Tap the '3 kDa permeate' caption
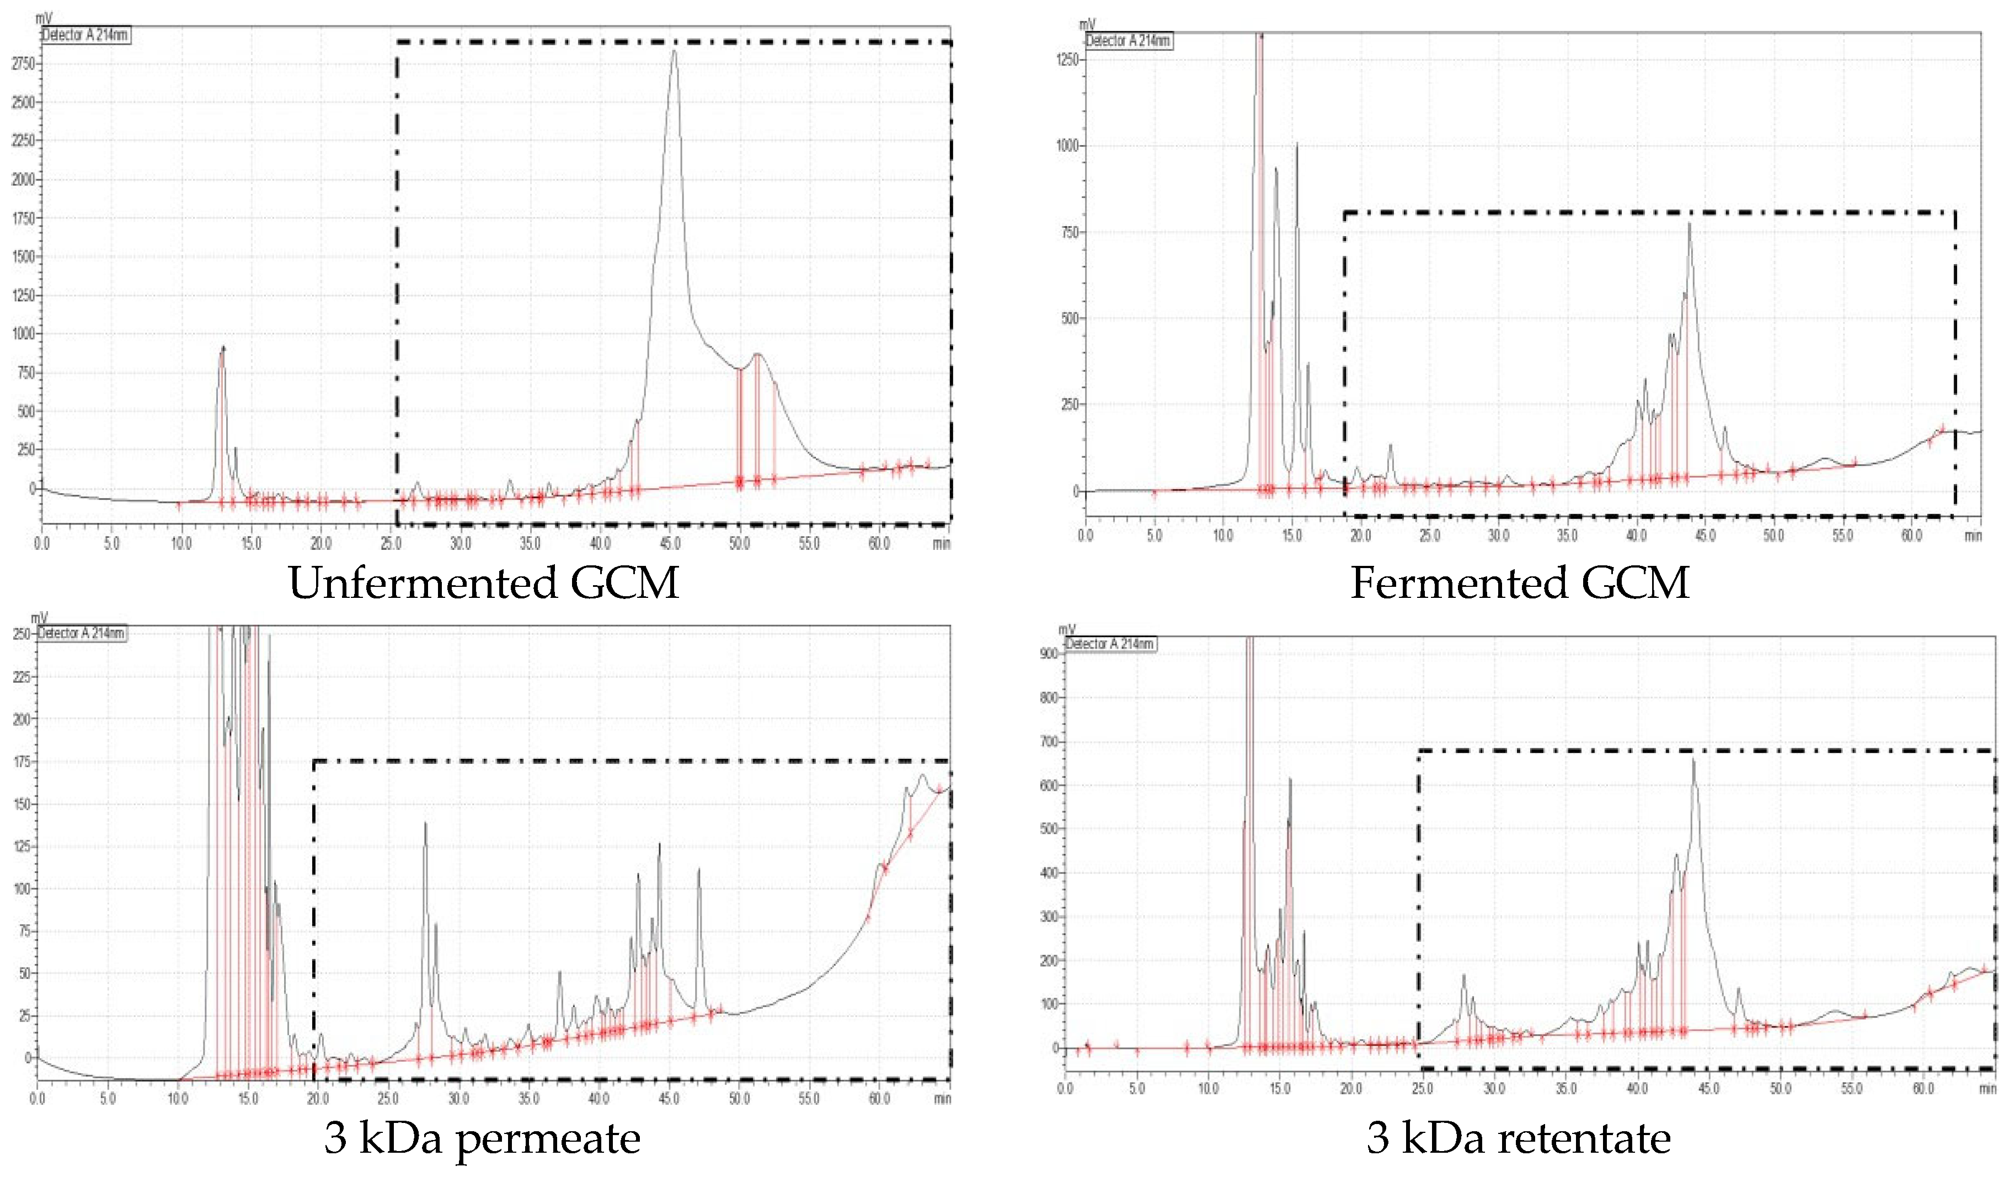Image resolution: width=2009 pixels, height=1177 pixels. tap(482, 1138)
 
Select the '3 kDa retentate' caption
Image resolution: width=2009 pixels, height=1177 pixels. tap(1519, 1138)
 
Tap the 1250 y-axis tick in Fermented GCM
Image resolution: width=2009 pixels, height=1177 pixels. tap(1067, 60)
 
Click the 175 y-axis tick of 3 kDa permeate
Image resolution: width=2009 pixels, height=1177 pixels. tap(21, 762)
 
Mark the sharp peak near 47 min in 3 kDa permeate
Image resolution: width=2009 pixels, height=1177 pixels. tap(699, 871)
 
